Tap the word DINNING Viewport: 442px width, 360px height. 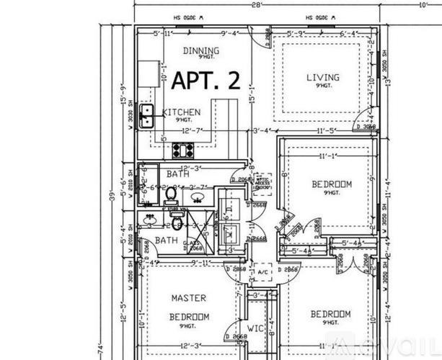coord(201,50)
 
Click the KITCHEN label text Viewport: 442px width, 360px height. coord(181,112)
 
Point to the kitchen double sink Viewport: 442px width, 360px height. coord(146,115)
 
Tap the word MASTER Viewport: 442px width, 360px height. coord(188,297)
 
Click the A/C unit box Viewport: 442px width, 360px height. coord(262,274)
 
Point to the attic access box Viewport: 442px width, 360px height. coord(261,184)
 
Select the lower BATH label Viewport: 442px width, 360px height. coord(167,240)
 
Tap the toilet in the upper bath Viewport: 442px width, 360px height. coord(171,194)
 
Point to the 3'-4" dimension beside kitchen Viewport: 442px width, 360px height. coord(262,131)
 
